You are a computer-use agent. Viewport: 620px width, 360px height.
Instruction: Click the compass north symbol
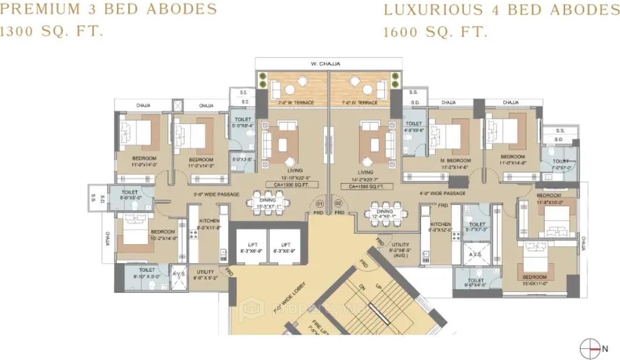[590, 349]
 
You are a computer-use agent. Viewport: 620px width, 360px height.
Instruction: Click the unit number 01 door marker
[320, 204]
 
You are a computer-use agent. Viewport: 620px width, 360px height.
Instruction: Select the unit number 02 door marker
[338, 204]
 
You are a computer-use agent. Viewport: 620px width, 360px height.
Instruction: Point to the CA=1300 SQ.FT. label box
[292, 185]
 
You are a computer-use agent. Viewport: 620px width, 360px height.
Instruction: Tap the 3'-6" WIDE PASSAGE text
[217, 194]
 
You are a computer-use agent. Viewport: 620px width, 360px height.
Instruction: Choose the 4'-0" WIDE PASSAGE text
[442, 193]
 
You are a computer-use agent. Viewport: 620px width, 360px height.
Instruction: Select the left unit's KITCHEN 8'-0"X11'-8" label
[210, 224]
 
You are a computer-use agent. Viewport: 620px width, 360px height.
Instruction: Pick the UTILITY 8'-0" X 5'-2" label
[205, 275]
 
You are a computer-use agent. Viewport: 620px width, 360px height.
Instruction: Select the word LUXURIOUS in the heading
[433, 10]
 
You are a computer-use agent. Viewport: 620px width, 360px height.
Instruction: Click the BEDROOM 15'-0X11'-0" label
[535, 280]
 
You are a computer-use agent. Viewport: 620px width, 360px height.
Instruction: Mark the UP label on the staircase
[378, 286]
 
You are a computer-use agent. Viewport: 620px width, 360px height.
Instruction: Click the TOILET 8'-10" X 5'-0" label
[147, 273]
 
